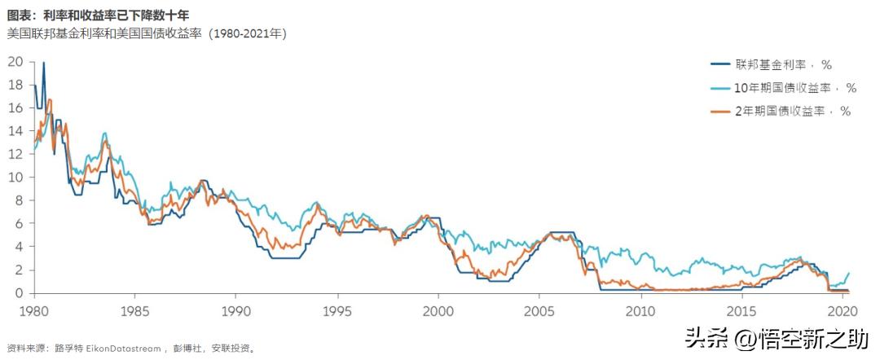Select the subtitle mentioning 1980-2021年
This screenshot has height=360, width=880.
click(146, 33)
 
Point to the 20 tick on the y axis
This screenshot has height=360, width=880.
click(15, 61)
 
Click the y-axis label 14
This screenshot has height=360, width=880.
click(15, 130)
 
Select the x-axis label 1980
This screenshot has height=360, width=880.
click(34, 311)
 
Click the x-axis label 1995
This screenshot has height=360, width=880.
click(337, 311)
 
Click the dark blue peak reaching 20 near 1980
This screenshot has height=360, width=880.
click(43, 63)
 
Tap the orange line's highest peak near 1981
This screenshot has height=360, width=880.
click(50, 100)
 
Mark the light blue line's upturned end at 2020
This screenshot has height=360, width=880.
click(849, 274)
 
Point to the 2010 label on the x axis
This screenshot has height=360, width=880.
click(640, 311)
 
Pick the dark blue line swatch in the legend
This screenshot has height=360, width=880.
click(720, 64)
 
